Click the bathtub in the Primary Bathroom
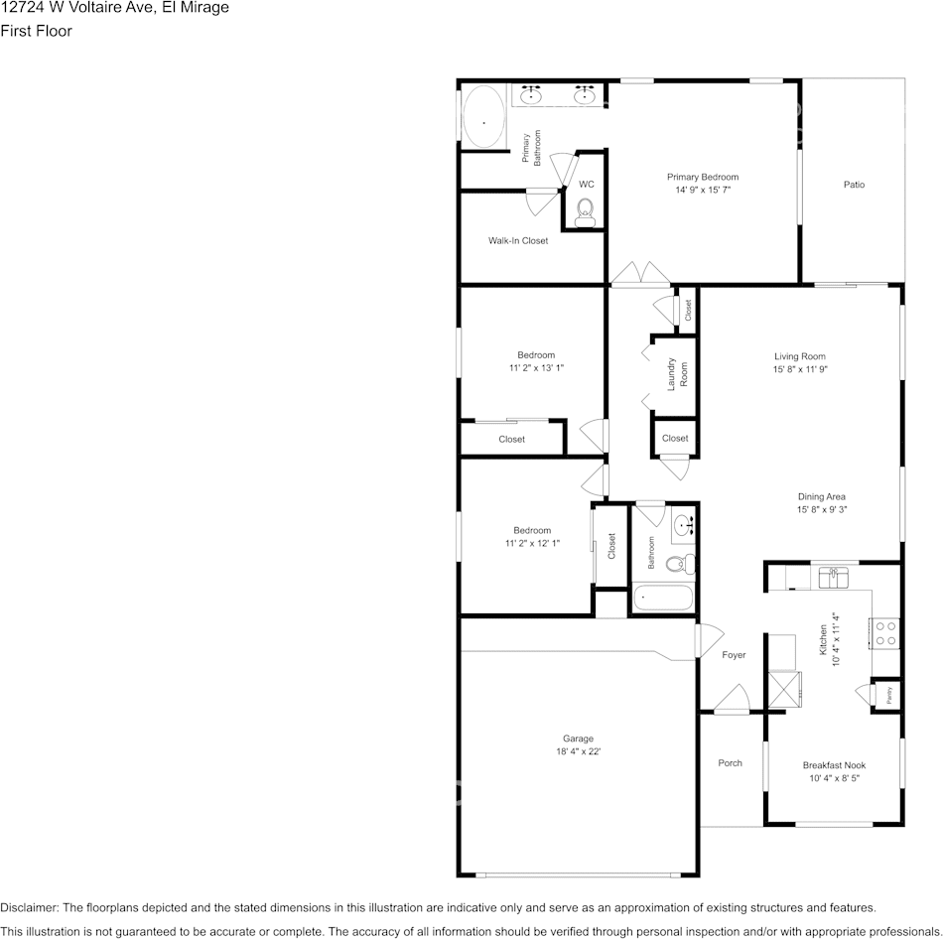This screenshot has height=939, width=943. coord(484,119)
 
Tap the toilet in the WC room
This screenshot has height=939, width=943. coord(586,209)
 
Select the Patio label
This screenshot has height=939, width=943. coord(854,185)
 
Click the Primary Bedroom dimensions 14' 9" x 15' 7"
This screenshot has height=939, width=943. coord(703,189)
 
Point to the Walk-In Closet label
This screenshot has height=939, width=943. coord(518,241)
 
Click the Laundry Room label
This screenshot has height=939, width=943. coord(677,373)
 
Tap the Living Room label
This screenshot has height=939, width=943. coord(800,356)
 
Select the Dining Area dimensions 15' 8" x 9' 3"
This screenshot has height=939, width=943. coord(821,509)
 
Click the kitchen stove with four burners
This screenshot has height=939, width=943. coord(884,632)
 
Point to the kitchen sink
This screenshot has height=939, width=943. coord(833,576)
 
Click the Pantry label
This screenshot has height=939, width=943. coord(888,694)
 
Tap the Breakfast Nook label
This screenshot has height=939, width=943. coord(834,765)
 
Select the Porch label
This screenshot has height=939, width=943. coord(730,762)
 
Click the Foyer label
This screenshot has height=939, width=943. coord(734,655)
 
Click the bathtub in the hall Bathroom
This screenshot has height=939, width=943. coord(663,598)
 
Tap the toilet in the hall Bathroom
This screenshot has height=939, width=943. coord(679,565)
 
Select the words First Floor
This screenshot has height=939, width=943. coord(36,31)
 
